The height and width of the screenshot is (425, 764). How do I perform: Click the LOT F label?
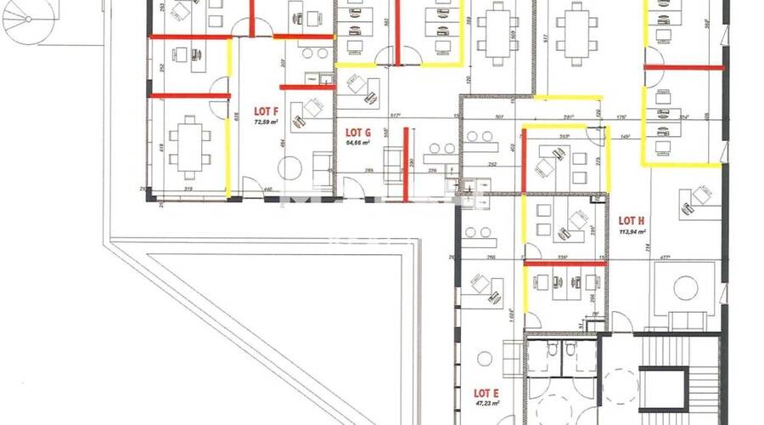click(x=267, y=111)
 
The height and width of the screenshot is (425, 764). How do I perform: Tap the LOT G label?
click(x=358, y=133)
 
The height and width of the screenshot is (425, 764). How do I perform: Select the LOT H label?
click(x=632, y=219)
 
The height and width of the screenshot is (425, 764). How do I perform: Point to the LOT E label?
click(x=486, y=393)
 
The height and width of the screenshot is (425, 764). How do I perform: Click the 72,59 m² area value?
click(x=267, y=122)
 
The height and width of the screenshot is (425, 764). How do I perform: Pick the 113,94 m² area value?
click(x=632, y=230)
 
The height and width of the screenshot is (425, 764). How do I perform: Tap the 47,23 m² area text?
click(x=486, y=405)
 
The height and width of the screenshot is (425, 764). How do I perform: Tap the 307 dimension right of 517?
click(x=498, y=116)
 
